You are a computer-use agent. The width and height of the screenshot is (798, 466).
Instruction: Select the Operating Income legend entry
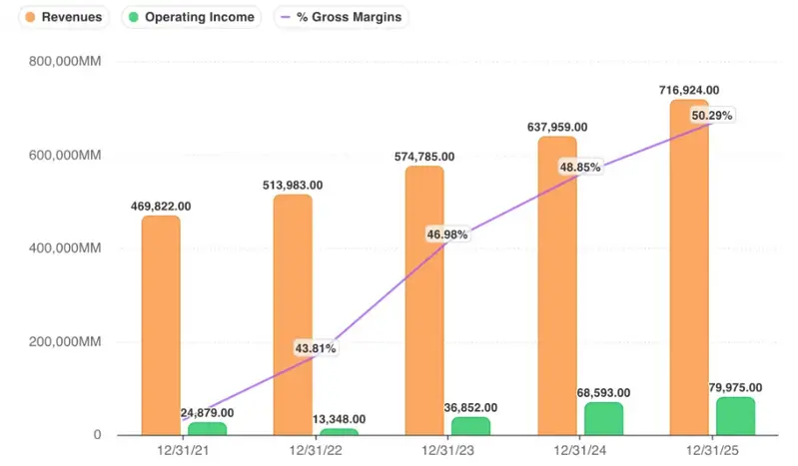click(x=191, y=17)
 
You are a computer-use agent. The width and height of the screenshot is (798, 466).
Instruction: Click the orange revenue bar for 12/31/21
click(x=161, y=324)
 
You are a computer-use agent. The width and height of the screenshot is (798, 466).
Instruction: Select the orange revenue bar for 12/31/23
click(x=423, y=299)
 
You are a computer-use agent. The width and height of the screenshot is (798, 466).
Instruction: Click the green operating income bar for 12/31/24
click(x=603, y=418)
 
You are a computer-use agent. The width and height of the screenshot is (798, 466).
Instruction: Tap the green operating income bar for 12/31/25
click(x=735, y=415)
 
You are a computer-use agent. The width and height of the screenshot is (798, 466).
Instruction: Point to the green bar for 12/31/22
click(x=338, y=431)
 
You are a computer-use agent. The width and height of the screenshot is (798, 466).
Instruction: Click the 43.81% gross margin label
click(x=315, y=348)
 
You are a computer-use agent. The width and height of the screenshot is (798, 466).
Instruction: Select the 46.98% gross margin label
click(x=447, y=233)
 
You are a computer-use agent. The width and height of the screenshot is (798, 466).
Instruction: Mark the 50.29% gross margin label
click(x=712, y=115)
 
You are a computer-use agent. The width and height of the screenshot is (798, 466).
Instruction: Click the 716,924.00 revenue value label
click(x=689, y=91)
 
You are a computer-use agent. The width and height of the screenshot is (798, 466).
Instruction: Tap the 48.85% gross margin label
click(x=579, y=168)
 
